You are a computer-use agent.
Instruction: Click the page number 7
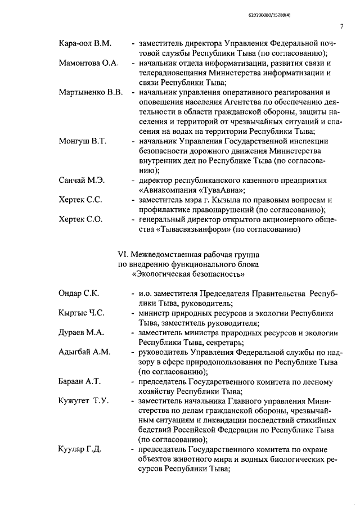(x=341, y=26)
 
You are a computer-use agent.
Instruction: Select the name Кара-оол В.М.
(x=85, y=43)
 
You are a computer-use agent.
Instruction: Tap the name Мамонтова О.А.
(x=88, y=63)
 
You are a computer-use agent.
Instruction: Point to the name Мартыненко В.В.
(x=91, y=92)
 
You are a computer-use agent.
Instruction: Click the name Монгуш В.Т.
(x=84, y=141)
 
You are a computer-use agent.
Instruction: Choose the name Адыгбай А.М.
(x=85, y=352)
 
